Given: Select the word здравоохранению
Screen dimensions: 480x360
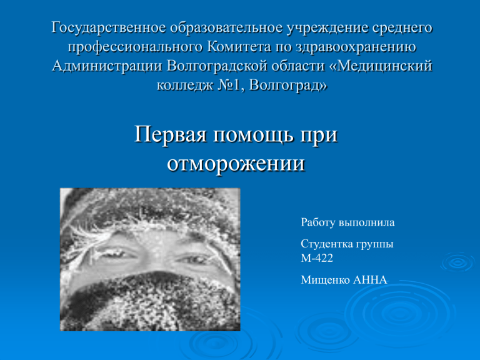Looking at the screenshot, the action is click(356, 47).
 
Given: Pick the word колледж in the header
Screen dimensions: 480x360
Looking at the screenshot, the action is click(184, 86).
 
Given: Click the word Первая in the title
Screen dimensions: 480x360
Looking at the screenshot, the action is click(171, 134).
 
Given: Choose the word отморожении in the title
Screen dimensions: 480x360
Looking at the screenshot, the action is click(236, 164).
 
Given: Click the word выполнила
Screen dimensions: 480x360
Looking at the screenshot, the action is click(366, 222).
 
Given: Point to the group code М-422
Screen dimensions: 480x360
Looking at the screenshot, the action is click(317, 258).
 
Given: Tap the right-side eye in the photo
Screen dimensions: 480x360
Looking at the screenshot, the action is click(193, 260).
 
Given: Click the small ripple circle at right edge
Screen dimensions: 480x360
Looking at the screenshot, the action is click(458, 262).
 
